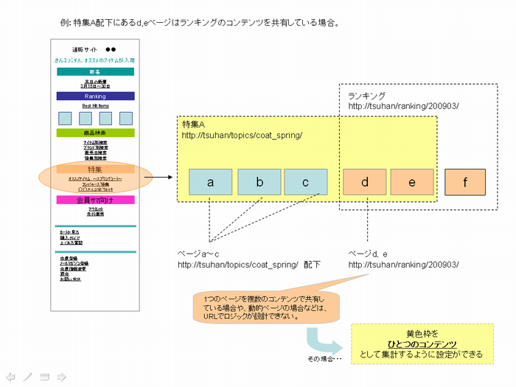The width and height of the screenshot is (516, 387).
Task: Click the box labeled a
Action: [210, 182]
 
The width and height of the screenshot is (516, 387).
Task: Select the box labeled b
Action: [259, 182]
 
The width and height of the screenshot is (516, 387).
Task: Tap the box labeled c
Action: [306, 182]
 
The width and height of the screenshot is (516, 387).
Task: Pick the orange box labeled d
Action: [364, 182]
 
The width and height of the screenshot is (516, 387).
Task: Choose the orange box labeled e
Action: [411, 182]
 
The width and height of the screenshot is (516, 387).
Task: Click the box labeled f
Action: [464, 182]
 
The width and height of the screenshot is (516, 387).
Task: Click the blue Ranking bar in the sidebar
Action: [95, 96]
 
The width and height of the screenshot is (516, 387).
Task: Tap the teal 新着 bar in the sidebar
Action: [95, 72]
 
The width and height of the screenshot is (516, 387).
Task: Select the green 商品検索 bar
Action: [95, 133]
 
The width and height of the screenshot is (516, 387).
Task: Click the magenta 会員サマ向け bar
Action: [95, 200]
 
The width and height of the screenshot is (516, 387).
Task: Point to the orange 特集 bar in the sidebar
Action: [95, 169]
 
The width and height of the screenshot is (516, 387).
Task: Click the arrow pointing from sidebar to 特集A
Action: [165, 178]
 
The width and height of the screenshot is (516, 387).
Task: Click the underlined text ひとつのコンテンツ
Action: [422, 344]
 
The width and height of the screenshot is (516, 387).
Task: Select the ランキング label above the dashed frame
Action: [366, 96]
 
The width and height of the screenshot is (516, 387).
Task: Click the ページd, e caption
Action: [369, 253]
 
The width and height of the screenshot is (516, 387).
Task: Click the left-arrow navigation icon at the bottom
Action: [10, 377]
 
